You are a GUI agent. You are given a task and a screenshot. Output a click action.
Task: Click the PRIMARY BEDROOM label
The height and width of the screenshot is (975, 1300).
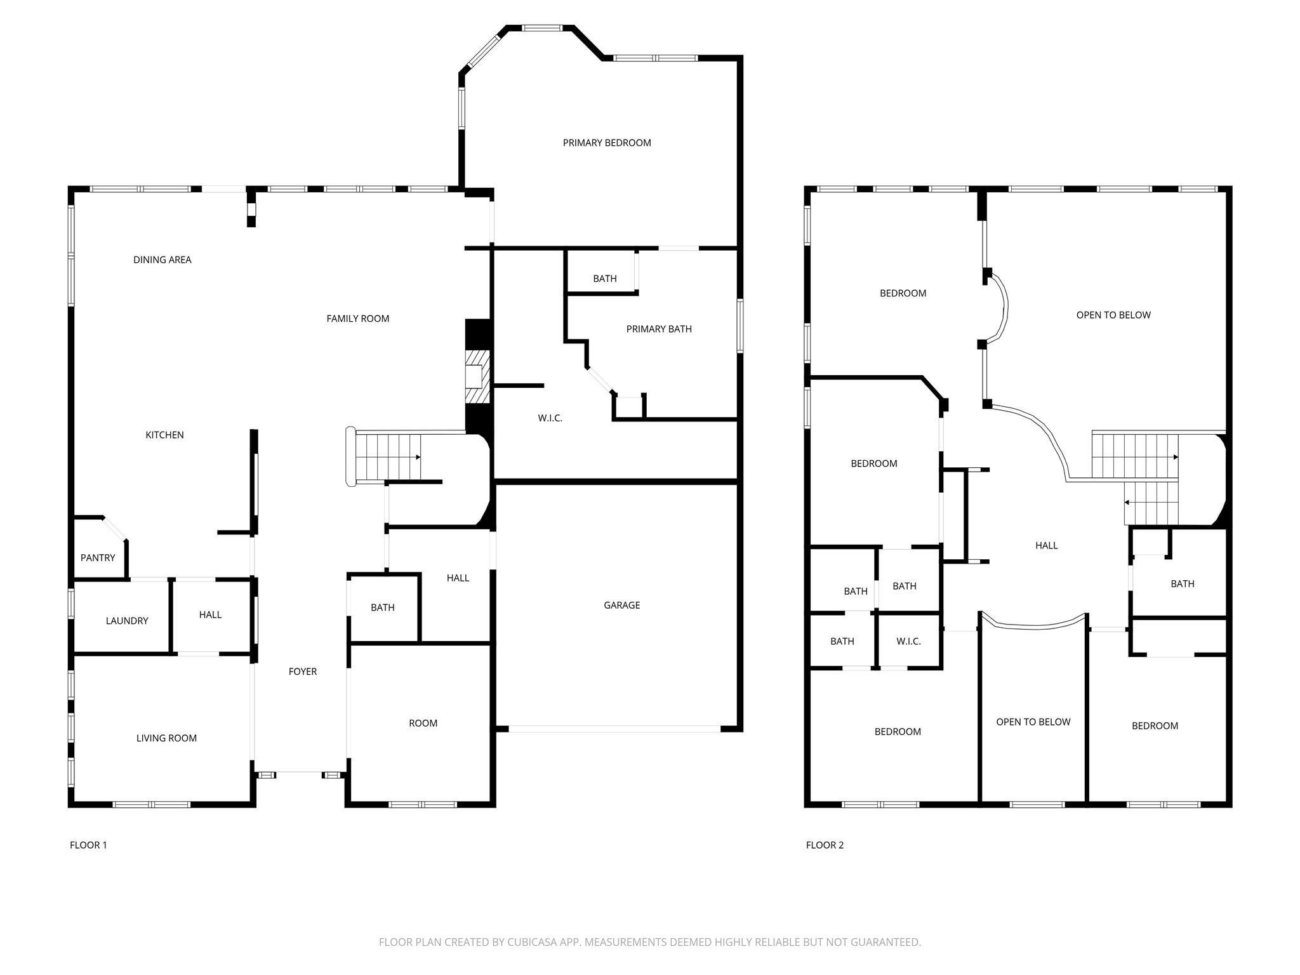[606, 143]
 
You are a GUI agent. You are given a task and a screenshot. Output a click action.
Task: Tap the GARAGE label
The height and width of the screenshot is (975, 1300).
[621, 605]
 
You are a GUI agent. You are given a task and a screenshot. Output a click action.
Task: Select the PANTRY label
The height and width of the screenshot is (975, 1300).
[98, 557]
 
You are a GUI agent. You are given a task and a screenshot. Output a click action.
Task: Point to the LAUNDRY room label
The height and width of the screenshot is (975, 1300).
[127, 620]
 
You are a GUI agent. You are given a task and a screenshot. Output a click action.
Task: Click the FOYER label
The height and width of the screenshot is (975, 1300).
[302, 671]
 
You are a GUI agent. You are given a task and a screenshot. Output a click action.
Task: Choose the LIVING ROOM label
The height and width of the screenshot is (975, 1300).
[166, 738]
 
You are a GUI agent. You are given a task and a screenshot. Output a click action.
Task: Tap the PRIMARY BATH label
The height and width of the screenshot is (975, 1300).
[658, 329]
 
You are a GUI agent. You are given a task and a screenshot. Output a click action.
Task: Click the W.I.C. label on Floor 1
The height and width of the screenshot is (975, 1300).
[550, 418]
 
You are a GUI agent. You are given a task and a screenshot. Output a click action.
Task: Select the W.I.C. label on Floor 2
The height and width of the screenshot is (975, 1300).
[908, 641]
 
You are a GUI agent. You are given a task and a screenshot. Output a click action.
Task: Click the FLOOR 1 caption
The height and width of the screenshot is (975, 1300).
[88, 845]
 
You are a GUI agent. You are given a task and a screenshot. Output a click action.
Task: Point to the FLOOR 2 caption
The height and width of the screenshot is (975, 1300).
[825, 845]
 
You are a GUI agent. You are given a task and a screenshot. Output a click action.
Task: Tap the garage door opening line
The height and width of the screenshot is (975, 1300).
[614, 729]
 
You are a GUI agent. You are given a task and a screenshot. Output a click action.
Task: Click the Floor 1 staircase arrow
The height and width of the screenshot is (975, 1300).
[417, 457]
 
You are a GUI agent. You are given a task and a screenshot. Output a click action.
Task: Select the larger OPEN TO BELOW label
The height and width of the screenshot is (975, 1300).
[1113, 315]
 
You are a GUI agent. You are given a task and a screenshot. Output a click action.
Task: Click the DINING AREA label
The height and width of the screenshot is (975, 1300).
[162, 260]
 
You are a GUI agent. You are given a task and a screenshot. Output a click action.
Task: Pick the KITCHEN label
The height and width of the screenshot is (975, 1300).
[164, 435]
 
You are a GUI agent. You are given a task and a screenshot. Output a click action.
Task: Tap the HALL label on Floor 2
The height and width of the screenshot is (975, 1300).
[1046, 545]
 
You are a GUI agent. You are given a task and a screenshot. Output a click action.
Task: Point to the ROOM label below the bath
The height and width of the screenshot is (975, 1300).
[423, 723]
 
